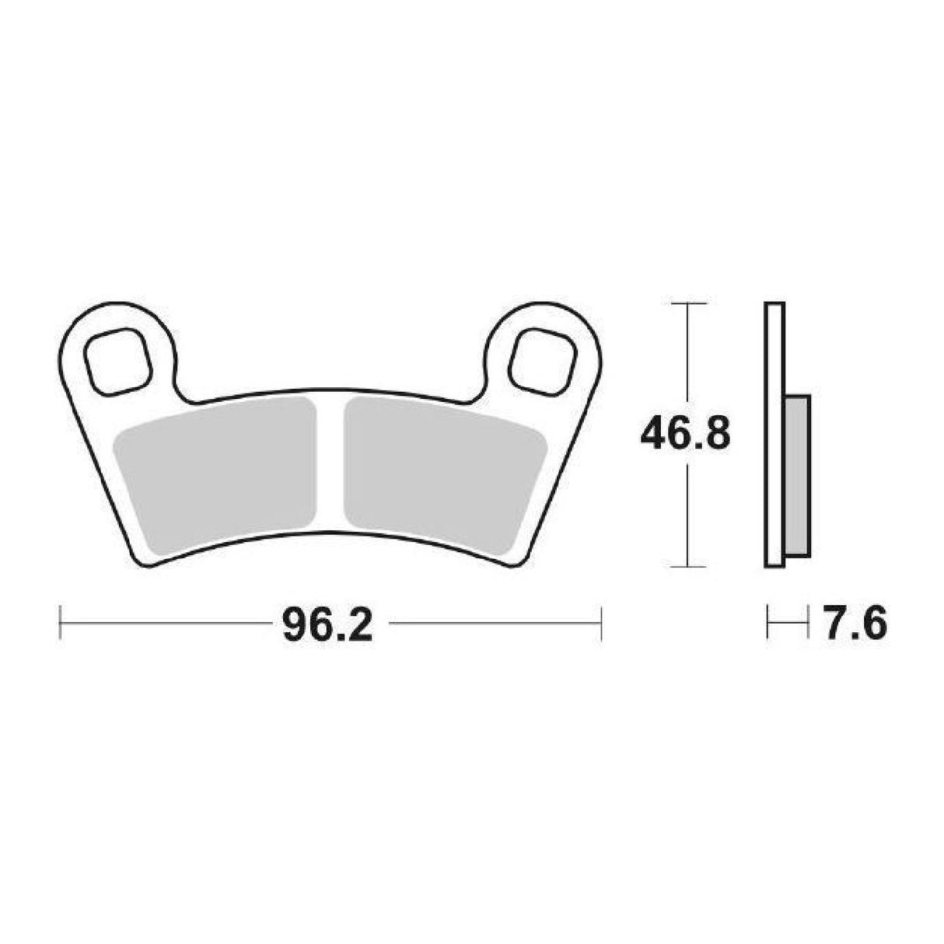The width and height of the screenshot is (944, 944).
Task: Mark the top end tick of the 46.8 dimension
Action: [x=687, y=302]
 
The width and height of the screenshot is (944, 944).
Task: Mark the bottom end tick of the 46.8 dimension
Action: [x=687, y=567]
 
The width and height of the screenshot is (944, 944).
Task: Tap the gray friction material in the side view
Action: [x=797, y=475]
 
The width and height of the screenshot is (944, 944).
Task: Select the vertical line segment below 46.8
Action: [x=687, y=513]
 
